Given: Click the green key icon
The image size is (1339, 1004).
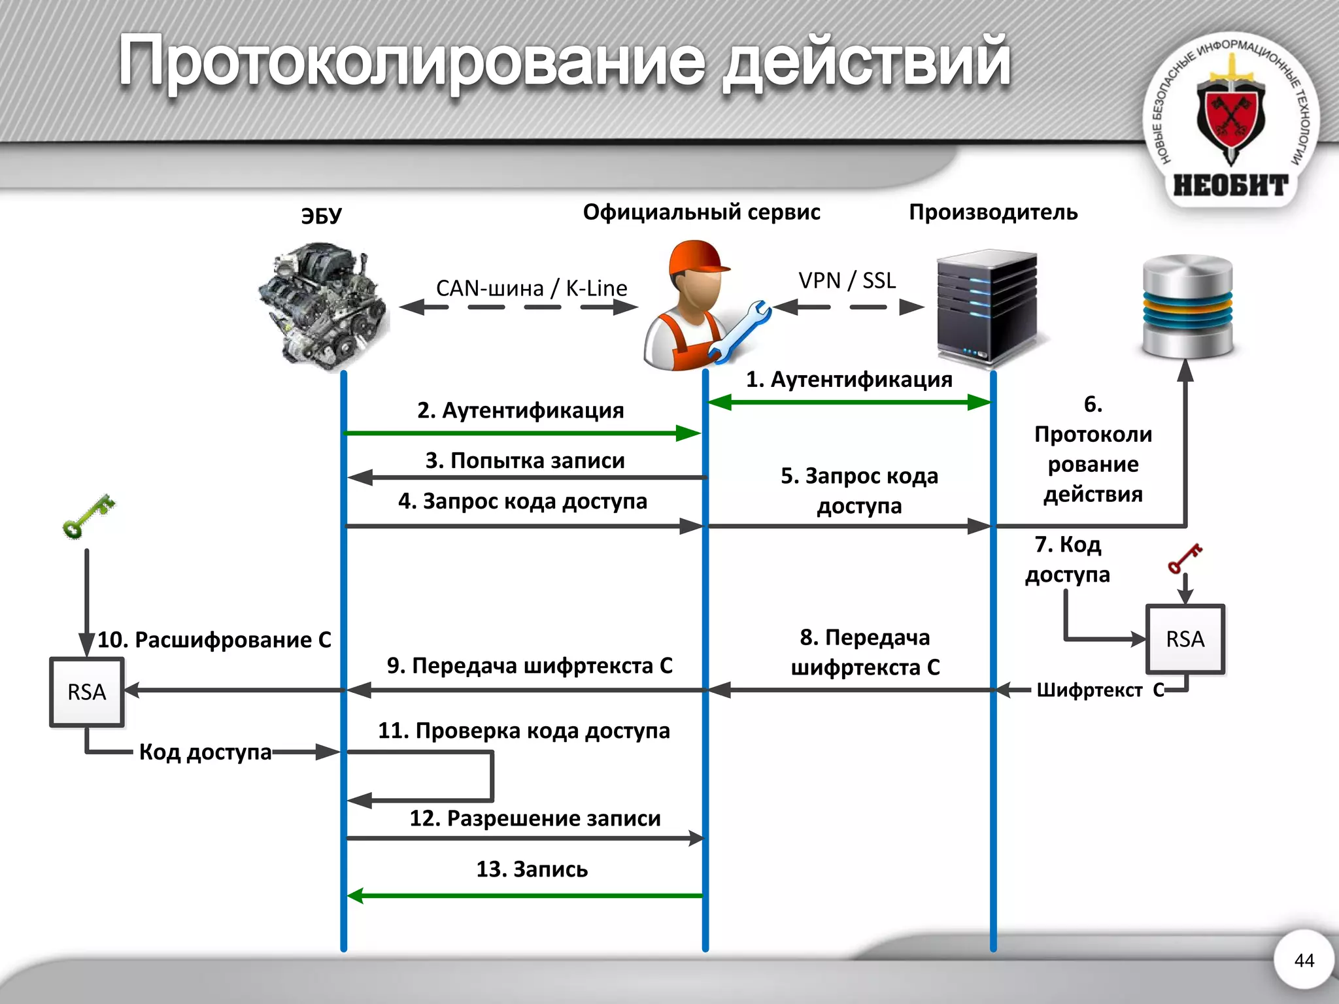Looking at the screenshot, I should (x=88, y=516).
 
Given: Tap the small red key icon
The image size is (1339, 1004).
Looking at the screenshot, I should (x=1184, y=558).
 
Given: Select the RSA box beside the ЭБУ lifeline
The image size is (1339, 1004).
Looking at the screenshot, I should (x=86, y=692).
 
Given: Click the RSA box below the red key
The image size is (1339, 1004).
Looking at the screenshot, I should (x=1185, y=639).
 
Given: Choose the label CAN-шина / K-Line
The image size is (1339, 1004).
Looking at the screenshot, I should (x=531, y=288).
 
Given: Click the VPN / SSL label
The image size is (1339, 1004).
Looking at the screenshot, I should (x=847, y=280).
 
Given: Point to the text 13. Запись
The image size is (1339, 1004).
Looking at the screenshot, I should (x=532, y=869).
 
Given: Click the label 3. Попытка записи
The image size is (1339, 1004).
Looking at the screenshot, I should (x=525, y=461).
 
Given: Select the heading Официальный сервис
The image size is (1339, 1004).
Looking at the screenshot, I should (x=701, y=212).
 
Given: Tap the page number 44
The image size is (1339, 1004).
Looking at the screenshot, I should (x=1304, y=960).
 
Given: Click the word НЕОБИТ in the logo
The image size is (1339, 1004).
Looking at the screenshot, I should (x=1230, y=186).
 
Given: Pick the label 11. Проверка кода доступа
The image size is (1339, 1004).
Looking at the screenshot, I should (x=524, y=731).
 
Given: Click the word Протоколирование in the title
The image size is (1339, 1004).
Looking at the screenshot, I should (x=412, y=62).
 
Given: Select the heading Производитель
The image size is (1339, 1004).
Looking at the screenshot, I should (x=992, y=212).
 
